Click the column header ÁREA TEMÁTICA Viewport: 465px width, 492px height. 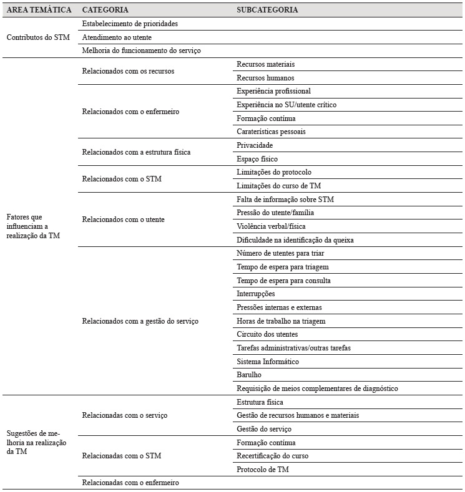tap(39, 10)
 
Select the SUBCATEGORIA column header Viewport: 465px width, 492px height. tap(267, 10)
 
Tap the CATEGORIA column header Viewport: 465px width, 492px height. tap(105, 10)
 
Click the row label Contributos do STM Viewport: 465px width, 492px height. tap(38, 37)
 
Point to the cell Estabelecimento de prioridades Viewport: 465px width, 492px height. tap(130, 24)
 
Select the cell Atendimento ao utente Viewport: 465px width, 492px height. tap(117, 37)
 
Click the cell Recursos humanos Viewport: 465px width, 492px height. tap(265, 78)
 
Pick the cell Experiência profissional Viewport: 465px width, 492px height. tap(273, 91)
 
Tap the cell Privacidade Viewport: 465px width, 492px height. tap(255, 145)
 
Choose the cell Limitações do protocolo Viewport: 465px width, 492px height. tap(274, 172)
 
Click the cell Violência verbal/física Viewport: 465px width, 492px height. tap(271, 226)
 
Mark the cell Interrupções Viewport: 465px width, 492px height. tap(256, 294)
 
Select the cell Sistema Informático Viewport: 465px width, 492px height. tap(268, 362)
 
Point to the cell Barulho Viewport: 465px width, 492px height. tap(249, 375)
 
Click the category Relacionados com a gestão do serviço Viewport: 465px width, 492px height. tap(140, 321)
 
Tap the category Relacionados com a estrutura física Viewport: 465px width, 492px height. tap(136, 152)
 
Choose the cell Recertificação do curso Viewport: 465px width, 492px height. tap(273, 456)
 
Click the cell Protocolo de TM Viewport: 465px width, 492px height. tap(263, 470)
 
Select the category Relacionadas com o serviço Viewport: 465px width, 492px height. tap(124, 415)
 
